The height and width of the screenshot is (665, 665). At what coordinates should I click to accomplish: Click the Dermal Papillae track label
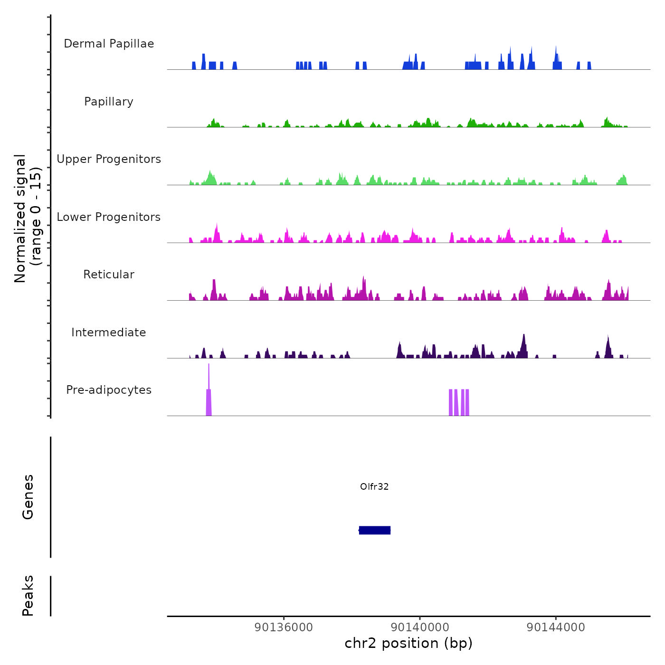pos(109,44)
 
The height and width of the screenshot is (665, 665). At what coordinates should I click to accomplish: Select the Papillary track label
pos(109,102)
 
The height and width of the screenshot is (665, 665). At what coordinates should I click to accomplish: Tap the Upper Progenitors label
pos(109,159)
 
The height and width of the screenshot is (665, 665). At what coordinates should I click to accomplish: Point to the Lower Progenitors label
pos(109,217)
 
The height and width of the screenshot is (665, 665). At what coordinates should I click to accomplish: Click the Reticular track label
pos(109,275)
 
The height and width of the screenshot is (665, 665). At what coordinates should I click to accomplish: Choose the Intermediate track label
pos(109,332)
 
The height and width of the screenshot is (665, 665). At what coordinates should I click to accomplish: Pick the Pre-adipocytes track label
pos(109,390)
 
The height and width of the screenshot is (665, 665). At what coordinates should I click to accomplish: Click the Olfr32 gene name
pos(374,486)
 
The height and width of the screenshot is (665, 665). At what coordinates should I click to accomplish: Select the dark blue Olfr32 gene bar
pos(375,530)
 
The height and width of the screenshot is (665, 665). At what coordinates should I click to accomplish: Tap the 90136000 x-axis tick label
pos(284,627)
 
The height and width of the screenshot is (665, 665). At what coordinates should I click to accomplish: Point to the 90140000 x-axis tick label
pos(420,627)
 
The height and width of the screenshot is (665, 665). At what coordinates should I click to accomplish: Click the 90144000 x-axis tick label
pos(556,627)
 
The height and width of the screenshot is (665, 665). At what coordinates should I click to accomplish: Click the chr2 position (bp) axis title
pos(408,643)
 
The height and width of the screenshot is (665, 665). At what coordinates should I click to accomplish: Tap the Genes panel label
pos(28,497)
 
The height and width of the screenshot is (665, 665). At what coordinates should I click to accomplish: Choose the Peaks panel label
pos(28,596)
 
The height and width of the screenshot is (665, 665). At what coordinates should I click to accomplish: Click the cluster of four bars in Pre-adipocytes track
pos(459,402)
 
